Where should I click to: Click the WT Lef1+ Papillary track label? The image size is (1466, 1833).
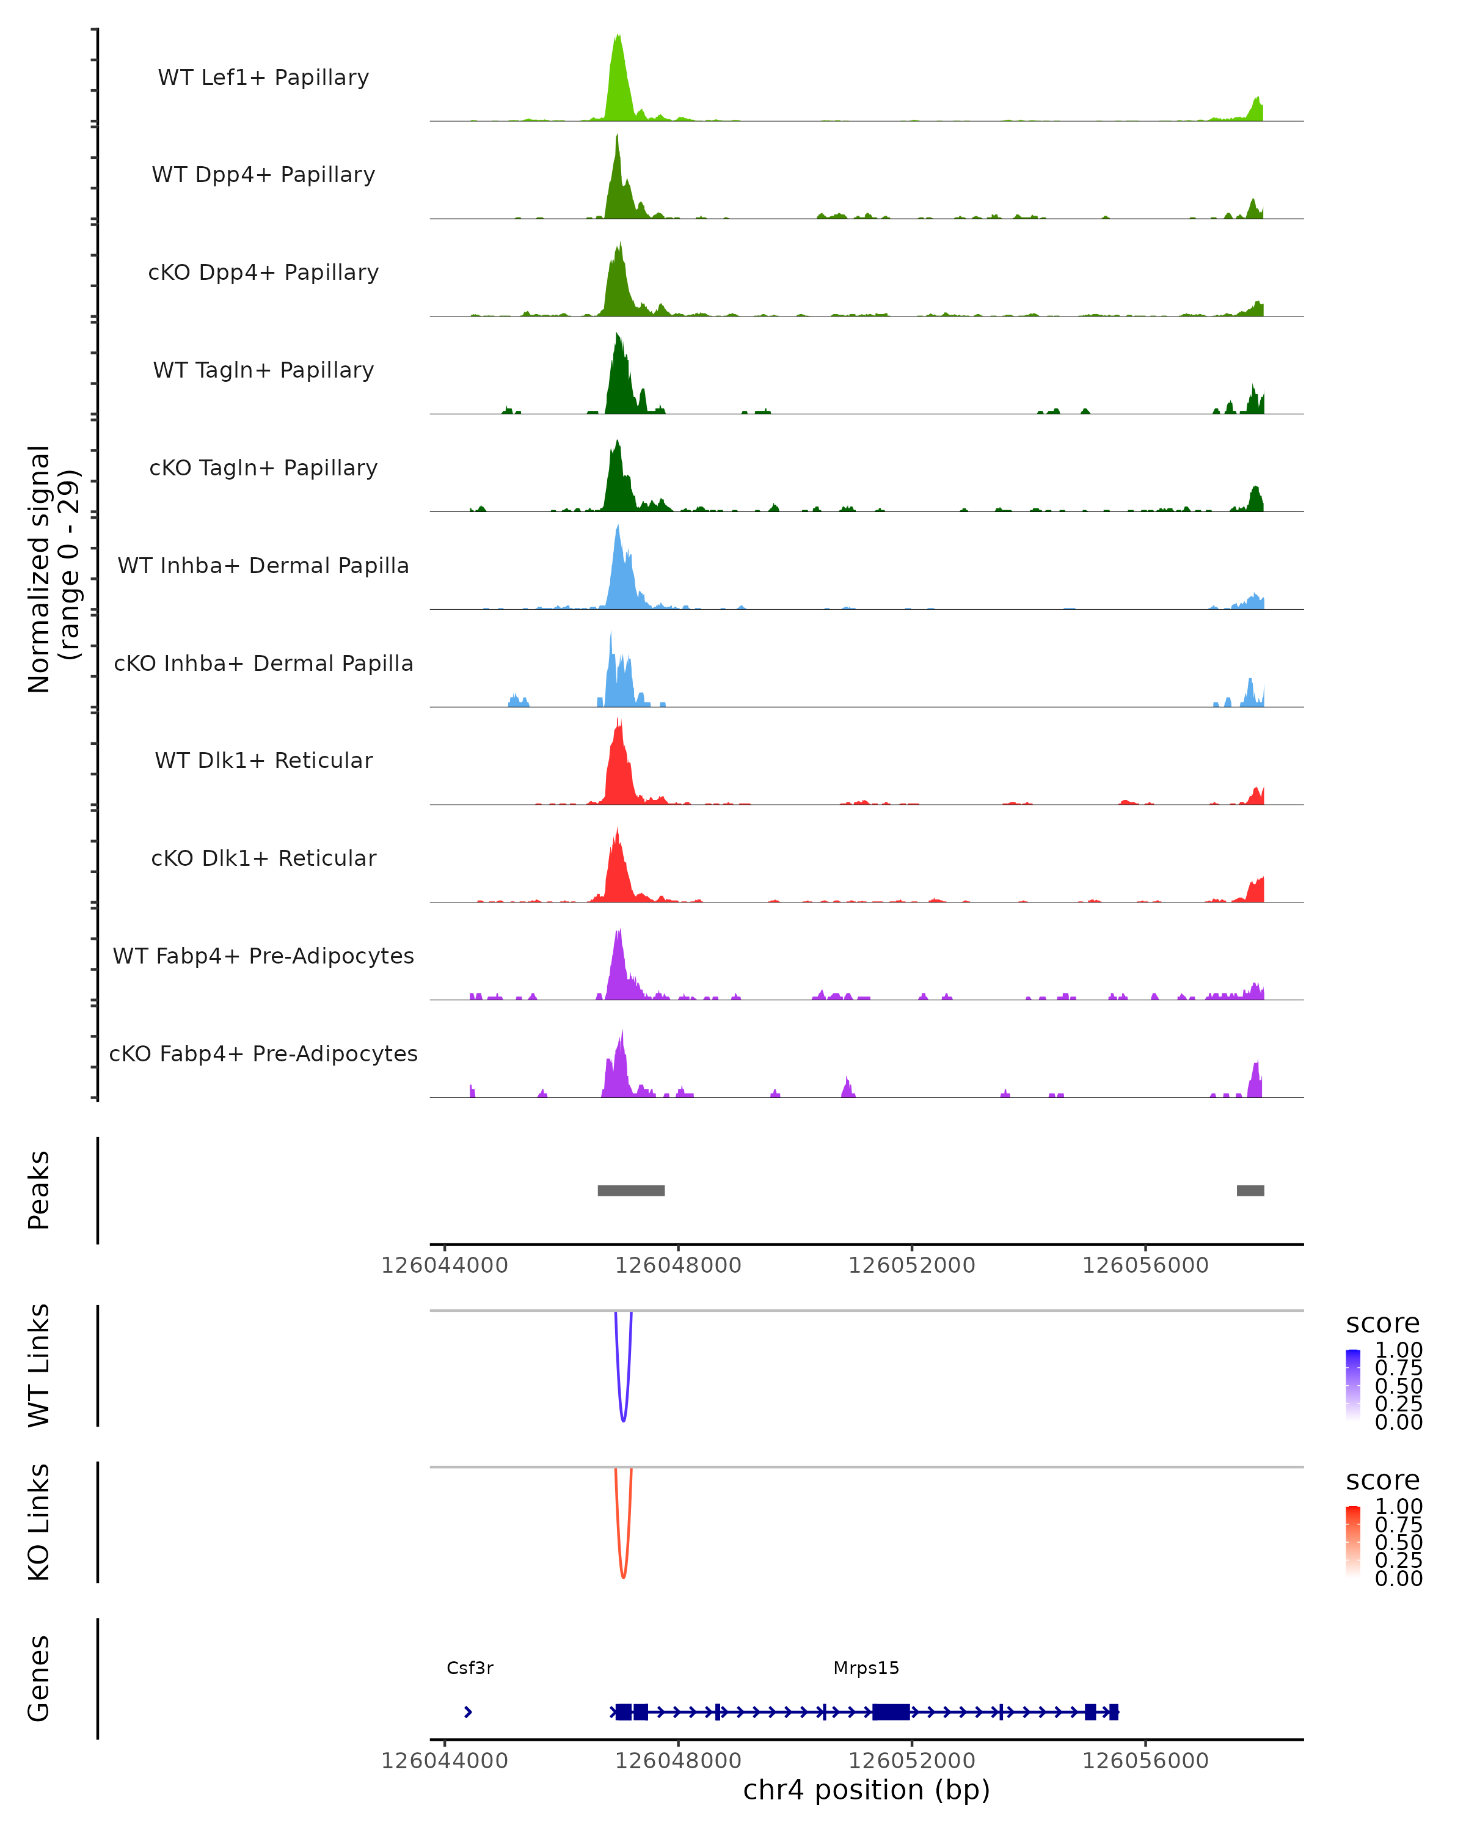pyautogui.click(x=263, y=78)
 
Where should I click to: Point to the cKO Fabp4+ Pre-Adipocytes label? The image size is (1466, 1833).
pyautogui.click(x=263, y=1053)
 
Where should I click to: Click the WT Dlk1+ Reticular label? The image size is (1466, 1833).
pyautogui.click(x=263, y=760)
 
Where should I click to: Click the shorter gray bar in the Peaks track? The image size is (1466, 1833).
pyautogui.click(x=1250, y=1190)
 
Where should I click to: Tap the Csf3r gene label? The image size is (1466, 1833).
pyautogui.click(x=470, y=1668)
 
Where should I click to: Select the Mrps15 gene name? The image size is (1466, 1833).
pyautogui.click(x=866, y=1668)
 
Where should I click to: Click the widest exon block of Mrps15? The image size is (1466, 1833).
pyautogui.click(x=891, y=1712)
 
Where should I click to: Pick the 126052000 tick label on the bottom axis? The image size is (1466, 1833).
pyautogui.click(x=912, y=1761)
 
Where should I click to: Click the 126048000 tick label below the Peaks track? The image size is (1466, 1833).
pyautogui.click(x=678, y=1265)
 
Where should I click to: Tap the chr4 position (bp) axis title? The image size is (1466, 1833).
pyautogui.click(x=866, y=1790)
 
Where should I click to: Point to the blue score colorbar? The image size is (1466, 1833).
pyautogui.click(x=1353, y=1385)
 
